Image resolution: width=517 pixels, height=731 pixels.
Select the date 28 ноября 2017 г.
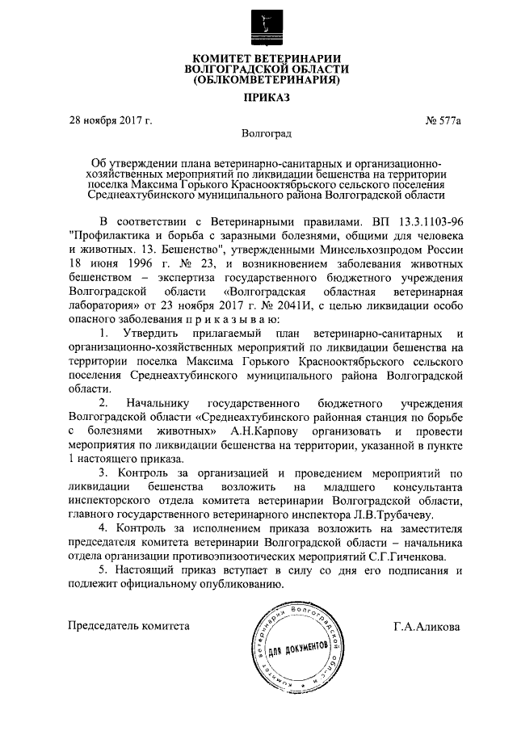coord(110,121)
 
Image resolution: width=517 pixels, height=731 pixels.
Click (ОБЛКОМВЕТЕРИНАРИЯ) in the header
coord(258,80)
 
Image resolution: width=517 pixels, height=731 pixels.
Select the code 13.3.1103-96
coord(427,221)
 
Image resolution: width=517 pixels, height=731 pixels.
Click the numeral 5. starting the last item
coord(103,571)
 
